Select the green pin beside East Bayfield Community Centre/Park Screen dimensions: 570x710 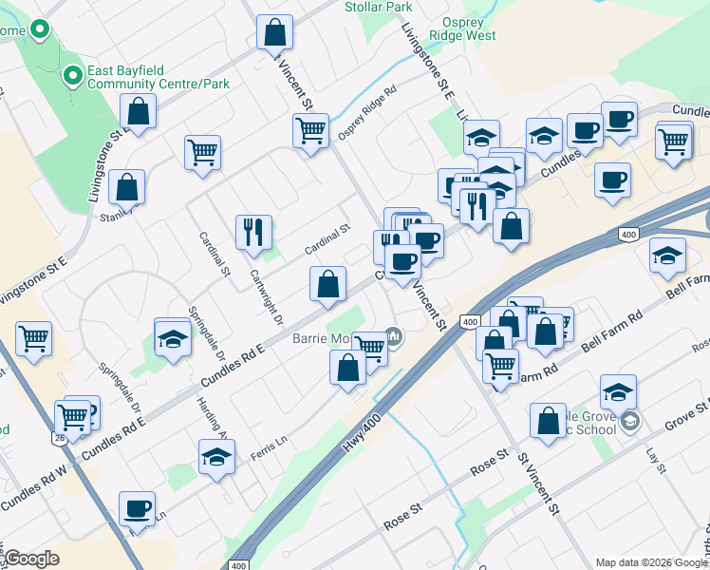point(72,75)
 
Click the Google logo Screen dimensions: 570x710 point(30,559)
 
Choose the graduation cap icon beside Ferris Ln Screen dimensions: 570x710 point(216,457)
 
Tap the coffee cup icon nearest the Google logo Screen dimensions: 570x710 point(138,508)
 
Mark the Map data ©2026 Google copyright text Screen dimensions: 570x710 point(650,562)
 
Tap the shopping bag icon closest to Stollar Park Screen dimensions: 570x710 point(274,33)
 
